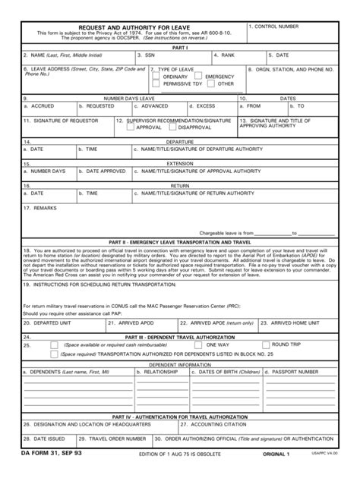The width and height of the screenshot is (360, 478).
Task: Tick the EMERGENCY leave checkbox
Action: (x=200, y=77)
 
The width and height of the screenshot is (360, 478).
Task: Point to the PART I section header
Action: (x=180, y=47)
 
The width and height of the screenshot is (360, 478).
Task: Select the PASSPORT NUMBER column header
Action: (x=295, y=372)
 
